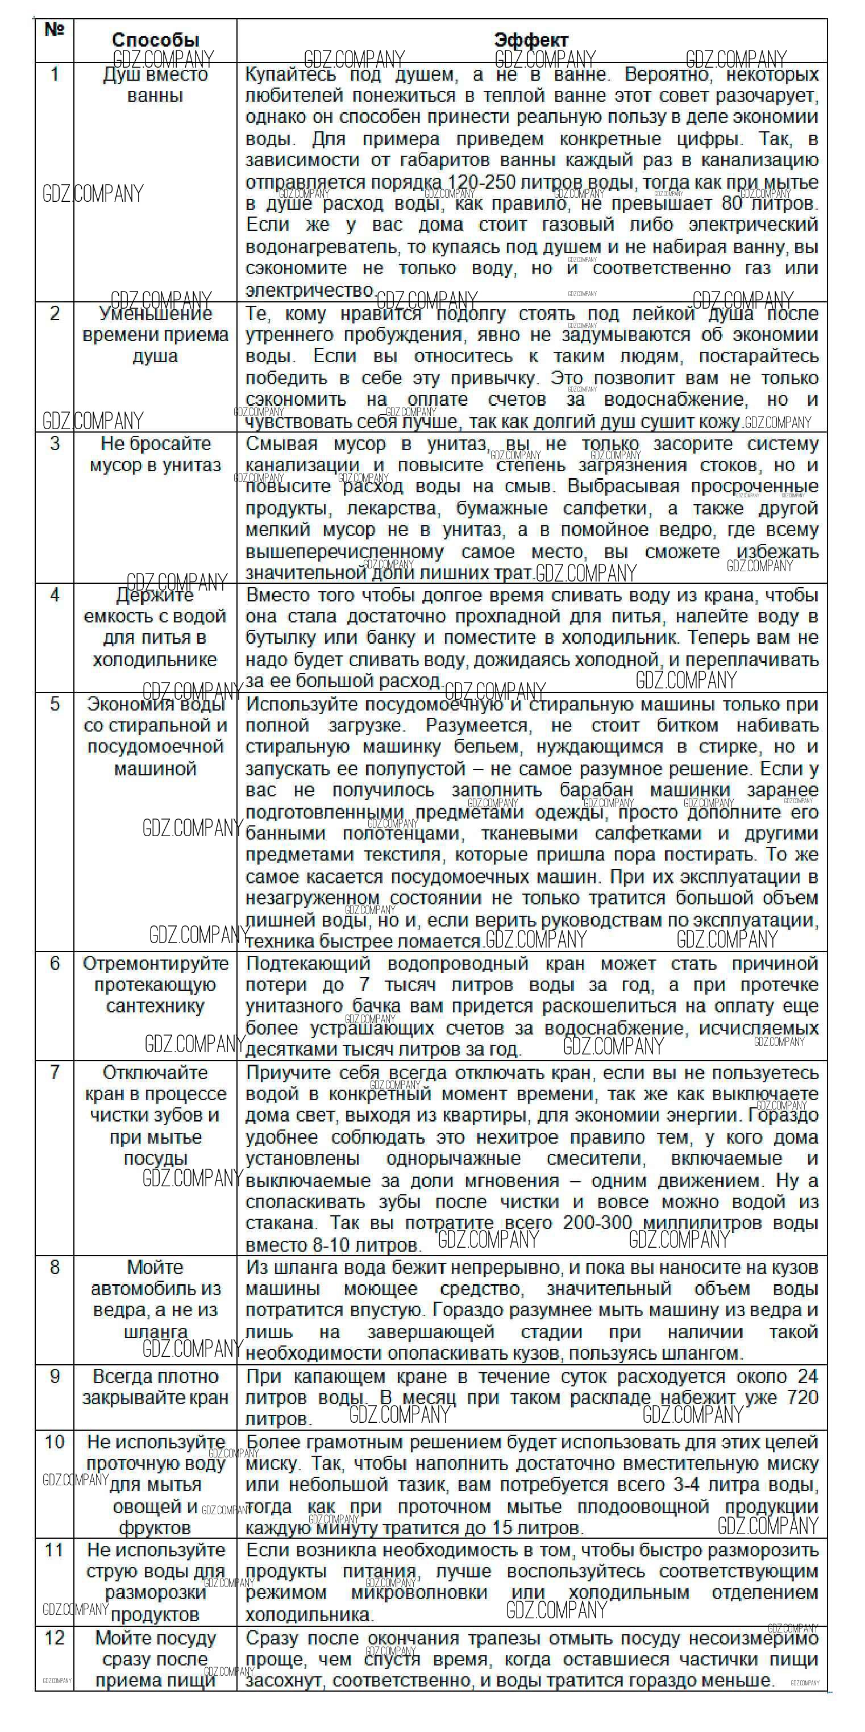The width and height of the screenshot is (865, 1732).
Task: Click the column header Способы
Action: [155, 40]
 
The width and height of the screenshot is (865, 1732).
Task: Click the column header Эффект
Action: [531, 40]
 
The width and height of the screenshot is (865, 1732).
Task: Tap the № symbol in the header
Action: [54, 30]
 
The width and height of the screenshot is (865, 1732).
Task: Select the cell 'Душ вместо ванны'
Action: [155, 84]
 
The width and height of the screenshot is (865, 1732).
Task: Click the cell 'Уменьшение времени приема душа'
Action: [155, 334]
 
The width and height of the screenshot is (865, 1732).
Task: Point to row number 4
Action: [55, 595]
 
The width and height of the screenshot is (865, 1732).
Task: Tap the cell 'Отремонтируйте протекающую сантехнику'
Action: [155, 985]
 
